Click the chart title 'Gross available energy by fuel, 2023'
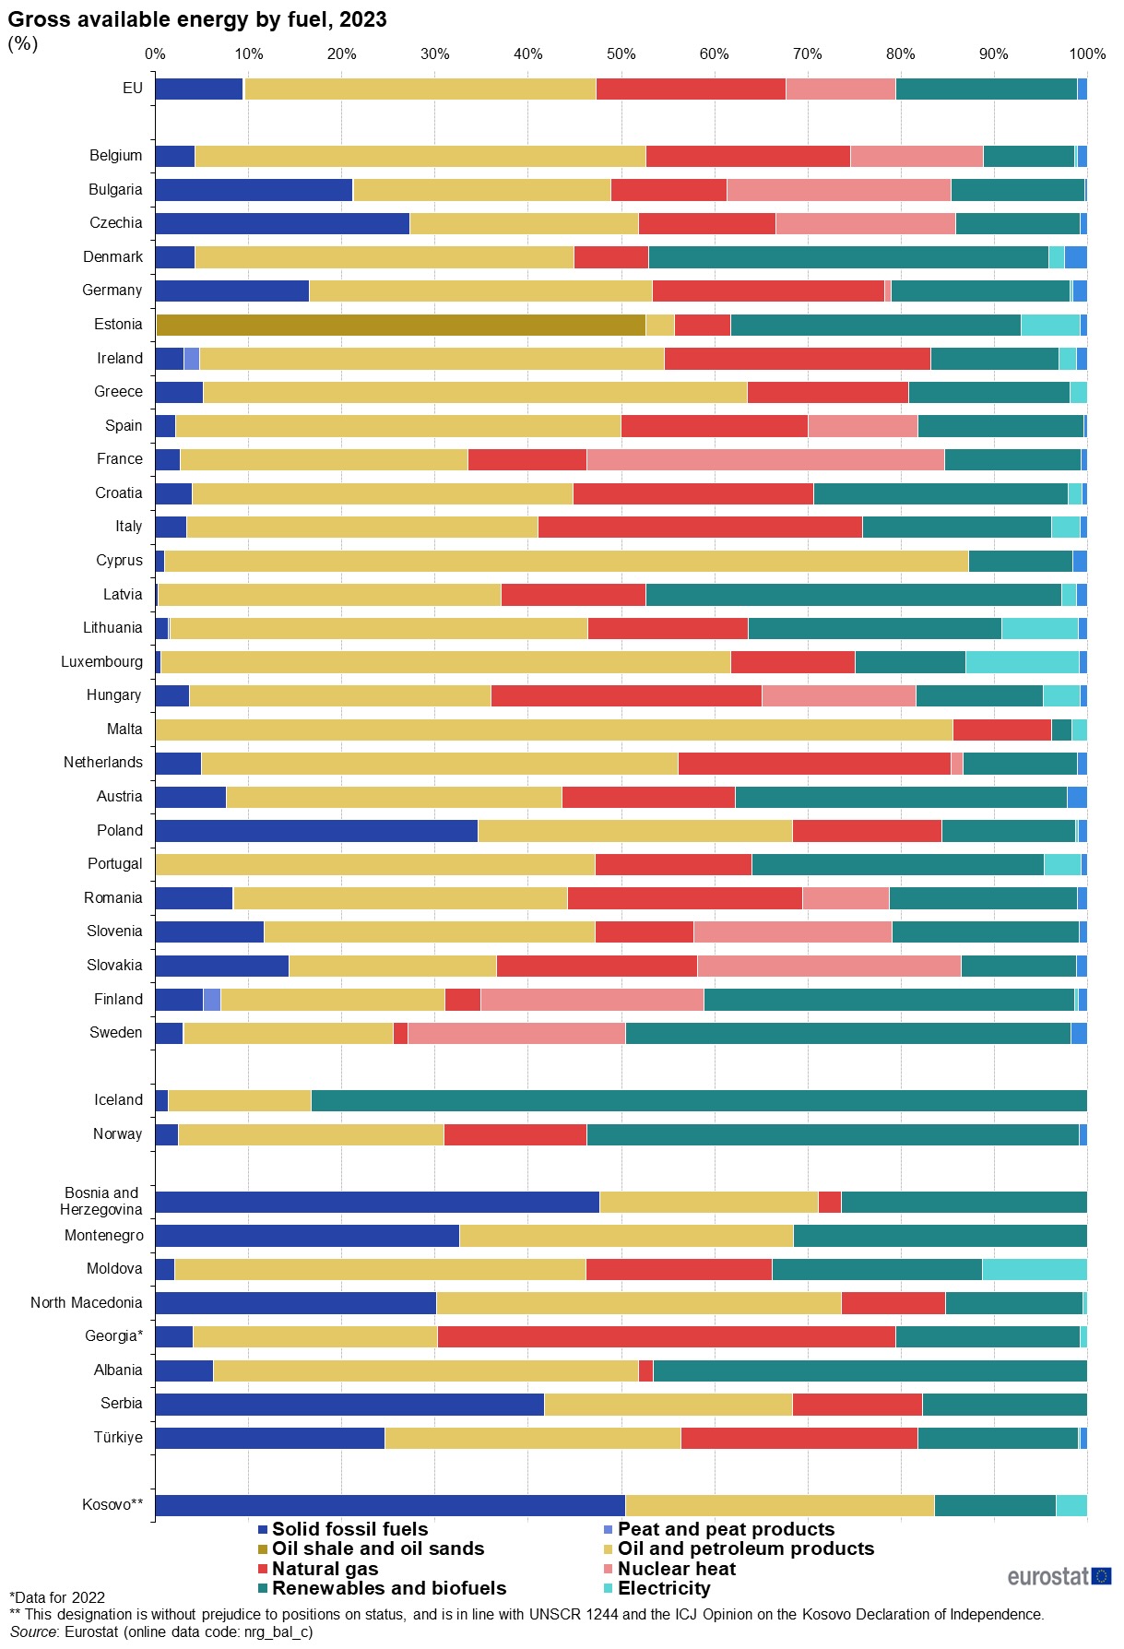(x=197, y=19)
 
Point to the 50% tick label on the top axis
(x=621, y=53)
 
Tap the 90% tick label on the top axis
(x=993, y=53)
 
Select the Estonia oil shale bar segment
(x=400, y=325)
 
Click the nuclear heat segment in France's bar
(x=765, y=459)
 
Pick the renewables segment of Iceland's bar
(x=699, y=1100)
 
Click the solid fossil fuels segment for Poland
(x=316, y=831)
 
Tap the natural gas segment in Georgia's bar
(x=666, y=1336)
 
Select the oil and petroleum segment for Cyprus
(x=566, y=561)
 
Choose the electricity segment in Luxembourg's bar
(x=1022, y=662)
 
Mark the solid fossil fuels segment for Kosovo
(x=390, y=1505)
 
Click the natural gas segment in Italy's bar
(x=700, y=527)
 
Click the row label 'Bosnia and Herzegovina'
(x=101, y=1201)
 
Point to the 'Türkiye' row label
(x=118, y=1437)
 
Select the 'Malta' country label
(x=124, y=729)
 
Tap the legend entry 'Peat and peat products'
(x=725, y=1529)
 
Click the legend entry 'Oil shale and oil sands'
(x=377, y=1548)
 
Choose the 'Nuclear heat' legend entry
(x=676, y=1569)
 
